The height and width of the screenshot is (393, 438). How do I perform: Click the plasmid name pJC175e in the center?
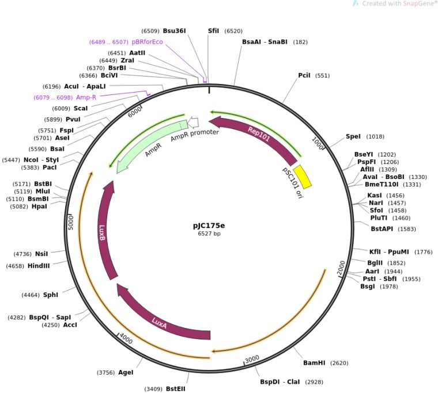(x=209, y=226)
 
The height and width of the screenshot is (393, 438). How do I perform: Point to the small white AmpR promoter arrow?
(x=194, y=123)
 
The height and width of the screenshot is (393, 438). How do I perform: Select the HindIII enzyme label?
(x=39, y=266)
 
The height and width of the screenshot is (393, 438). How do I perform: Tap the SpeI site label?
(x=353, y=136)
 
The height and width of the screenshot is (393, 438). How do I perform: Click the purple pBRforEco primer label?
(x=147, y=42)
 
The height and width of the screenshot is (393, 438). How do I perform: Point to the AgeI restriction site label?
(x=126, y=372)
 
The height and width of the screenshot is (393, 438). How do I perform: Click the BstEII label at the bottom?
(x=176, y=388)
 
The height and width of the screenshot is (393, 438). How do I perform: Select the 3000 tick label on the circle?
(x=252, y=359)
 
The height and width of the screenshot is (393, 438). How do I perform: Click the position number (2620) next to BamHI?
(x=339, y=363)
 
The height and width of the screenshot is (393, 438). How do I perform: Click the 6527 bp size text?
(x=209, y=234)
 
